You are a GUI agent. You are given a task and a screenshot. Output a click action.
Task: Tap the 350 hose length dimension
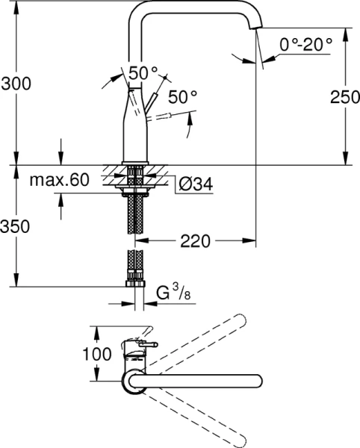coord(16,226)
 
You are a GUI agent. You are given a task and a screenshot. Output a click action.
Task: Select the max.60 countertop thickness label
coord(60,180)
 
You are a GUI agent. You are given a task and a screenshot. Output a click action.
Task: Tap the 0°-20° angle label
coord(306,44)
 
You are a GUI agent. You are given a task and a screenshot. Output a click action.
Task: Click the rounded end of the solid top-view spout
coord(255,380)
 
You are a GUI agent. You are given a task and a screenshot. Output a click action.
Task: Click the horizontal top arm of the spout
coord(194,7)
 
